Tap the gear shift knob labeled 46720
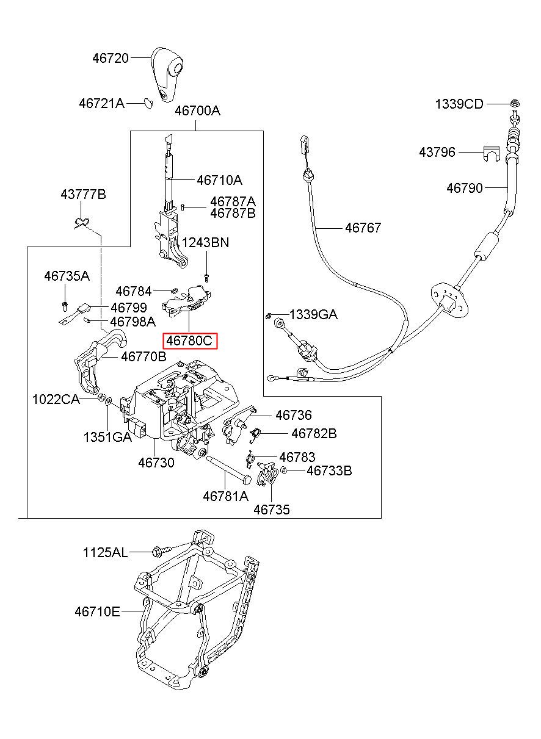[x=167, y=74]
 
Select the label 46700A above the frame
[x=197, y=110]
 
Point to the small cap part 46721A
[x=148, y=103]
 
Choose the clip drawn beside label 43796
[x=492, y=153]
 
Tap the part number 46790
[x=465, y=188]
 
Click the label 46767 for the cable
[x=363, y=228]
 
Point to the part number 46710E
[x=97, y=611]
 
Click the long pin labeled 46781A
[x=228, y=469]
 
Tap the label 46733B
[x=329, y=470]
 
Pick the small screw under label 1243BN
[x=206, y=278]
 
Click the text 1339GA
[x=313, y=314]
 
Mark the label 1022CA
[x=56, y=400]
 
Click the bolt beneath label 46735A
[x=65, y=306]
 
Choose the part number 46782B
[x=314, y=433]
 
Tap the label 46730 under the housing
[x=156, y=463]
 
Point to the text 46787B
[x=233, y=214]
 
